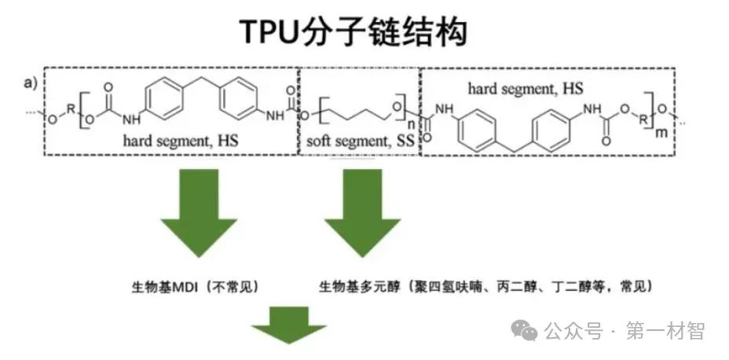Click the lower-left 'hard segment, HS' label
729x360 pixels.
pos(180,141)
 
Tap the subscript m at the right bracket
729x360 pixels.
pos(661,131)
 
